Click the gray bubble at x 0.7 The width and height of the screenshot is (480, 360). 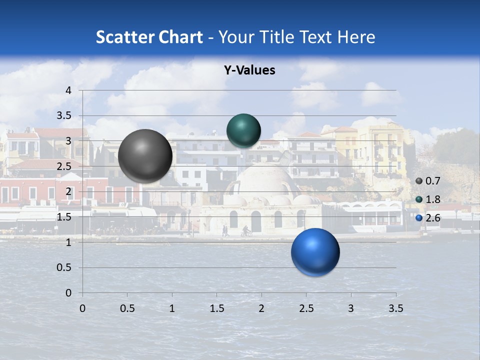[x=145, y=156]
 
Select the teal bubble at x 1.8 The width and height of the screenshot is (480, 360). [x=243, y=130]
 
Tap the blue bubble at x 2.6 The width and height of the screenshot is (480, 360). [x=315, y=252]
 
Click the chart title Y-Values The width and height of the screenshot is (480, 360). [x=249, y=70]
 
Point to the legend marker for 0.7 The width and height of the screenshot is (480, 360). [x=419, y=180]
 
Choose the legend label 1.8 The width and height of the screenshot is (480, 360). [x=433, y=199]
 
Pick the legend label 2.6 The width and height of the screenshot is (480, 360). [x=433, y=218]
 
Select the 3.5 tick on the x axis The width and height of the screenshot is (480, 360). [x=395, y=308]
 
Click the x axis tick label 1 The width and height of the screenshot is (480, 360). [x=172, y=308]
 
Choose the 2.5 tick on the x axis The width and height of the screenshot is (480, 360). [x=306, y=308]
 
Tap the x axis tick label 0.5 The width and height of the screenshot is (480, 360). [x=127, y=308]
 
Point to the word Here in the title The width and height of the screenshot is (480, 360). [x=356, y=37]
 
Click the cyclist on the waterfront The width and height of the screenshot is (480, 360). [x=245, y=231]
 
